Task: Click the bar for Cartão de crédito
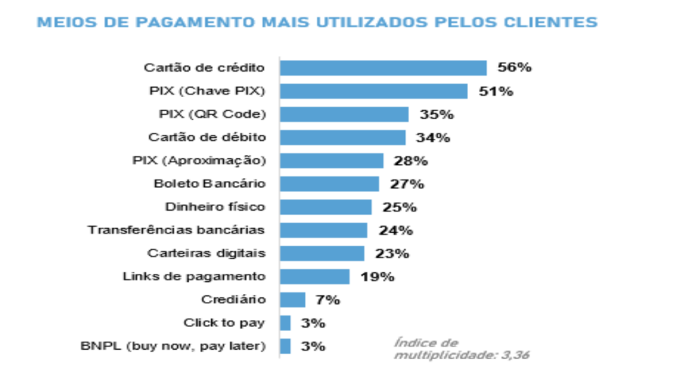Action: pyautogui.click(x=383, y=68)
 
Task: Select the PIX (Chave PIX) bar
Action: pyautogui.click(x=373, y=91)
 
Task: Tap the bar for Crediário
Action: pyautogui.click(x=292, y=300)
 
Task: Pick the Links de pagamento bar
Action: pyautogui.click(x=314, y=277)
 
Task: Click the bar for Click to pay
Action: pyautogui.click(x=285, y=323)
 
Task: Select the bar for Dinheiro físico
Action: pyautogui.click(x=325, y=207)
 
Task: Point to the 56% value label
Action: pyautogui.click(x=515, y=68)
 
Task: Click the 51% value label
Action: pyautogui.click(x=496, y=91)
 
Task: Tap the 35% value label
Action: pyautogui.click(x=436, y=114)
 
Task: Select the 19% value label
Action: pyautogui.click(x=377, y=277)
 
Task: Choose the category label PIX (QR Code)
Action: pyautogui.click(x=212, y=114)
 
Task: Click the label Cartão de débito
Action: pyautogui.click(x=207, y=137)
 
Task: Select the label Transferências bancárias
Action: pyautogui.click(x=176, y=230)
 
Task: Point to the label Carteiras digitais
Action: pyautogui.click(x=206, y=253)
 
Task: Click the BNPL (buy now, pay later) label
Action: pyautogui.click(x=173, y=346)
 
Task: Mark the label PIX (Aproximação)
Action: pyautogui.click(x=199, y=160)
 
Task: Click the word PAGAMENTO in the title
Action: pyautogui.click(x=188, y=22)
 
